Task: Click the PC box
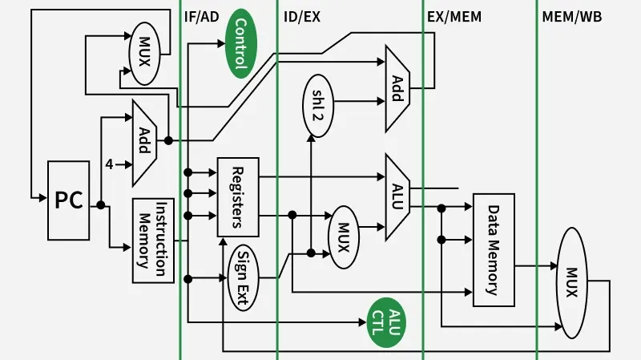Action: coord(69,200)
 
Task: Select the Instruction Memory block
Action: coord(153,241)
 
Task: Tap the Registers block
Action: coord(238,196)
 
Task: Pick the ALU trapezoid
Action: coord(397,197)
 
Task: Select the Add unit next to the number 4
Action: coord(145,141)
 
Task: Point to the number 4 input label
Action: coord(109,164)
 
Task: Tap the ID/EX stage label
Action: coord(302,16)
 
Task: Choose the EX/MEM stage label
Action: coord(455,16)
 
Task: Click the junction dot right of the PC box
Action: coord(101,205)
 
